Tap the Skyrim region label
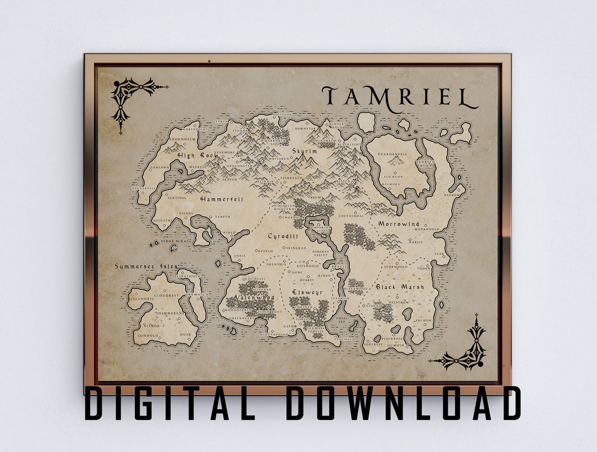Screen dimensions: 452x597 click(305, 150)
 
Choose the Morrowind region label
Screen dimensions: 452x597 click(399, 224)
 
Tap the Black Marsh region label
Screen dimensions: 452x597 click(400, 287)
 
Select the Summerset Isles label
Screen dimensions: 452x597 click(146, 266)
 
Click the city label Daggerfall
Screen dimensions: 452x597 click(144, 188)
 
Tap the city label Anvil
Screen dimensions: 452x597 click(239, 256)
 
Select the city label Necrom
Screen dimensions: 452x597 click(451, 195)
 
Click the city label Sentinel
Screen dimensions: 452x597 click(177, 197)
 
